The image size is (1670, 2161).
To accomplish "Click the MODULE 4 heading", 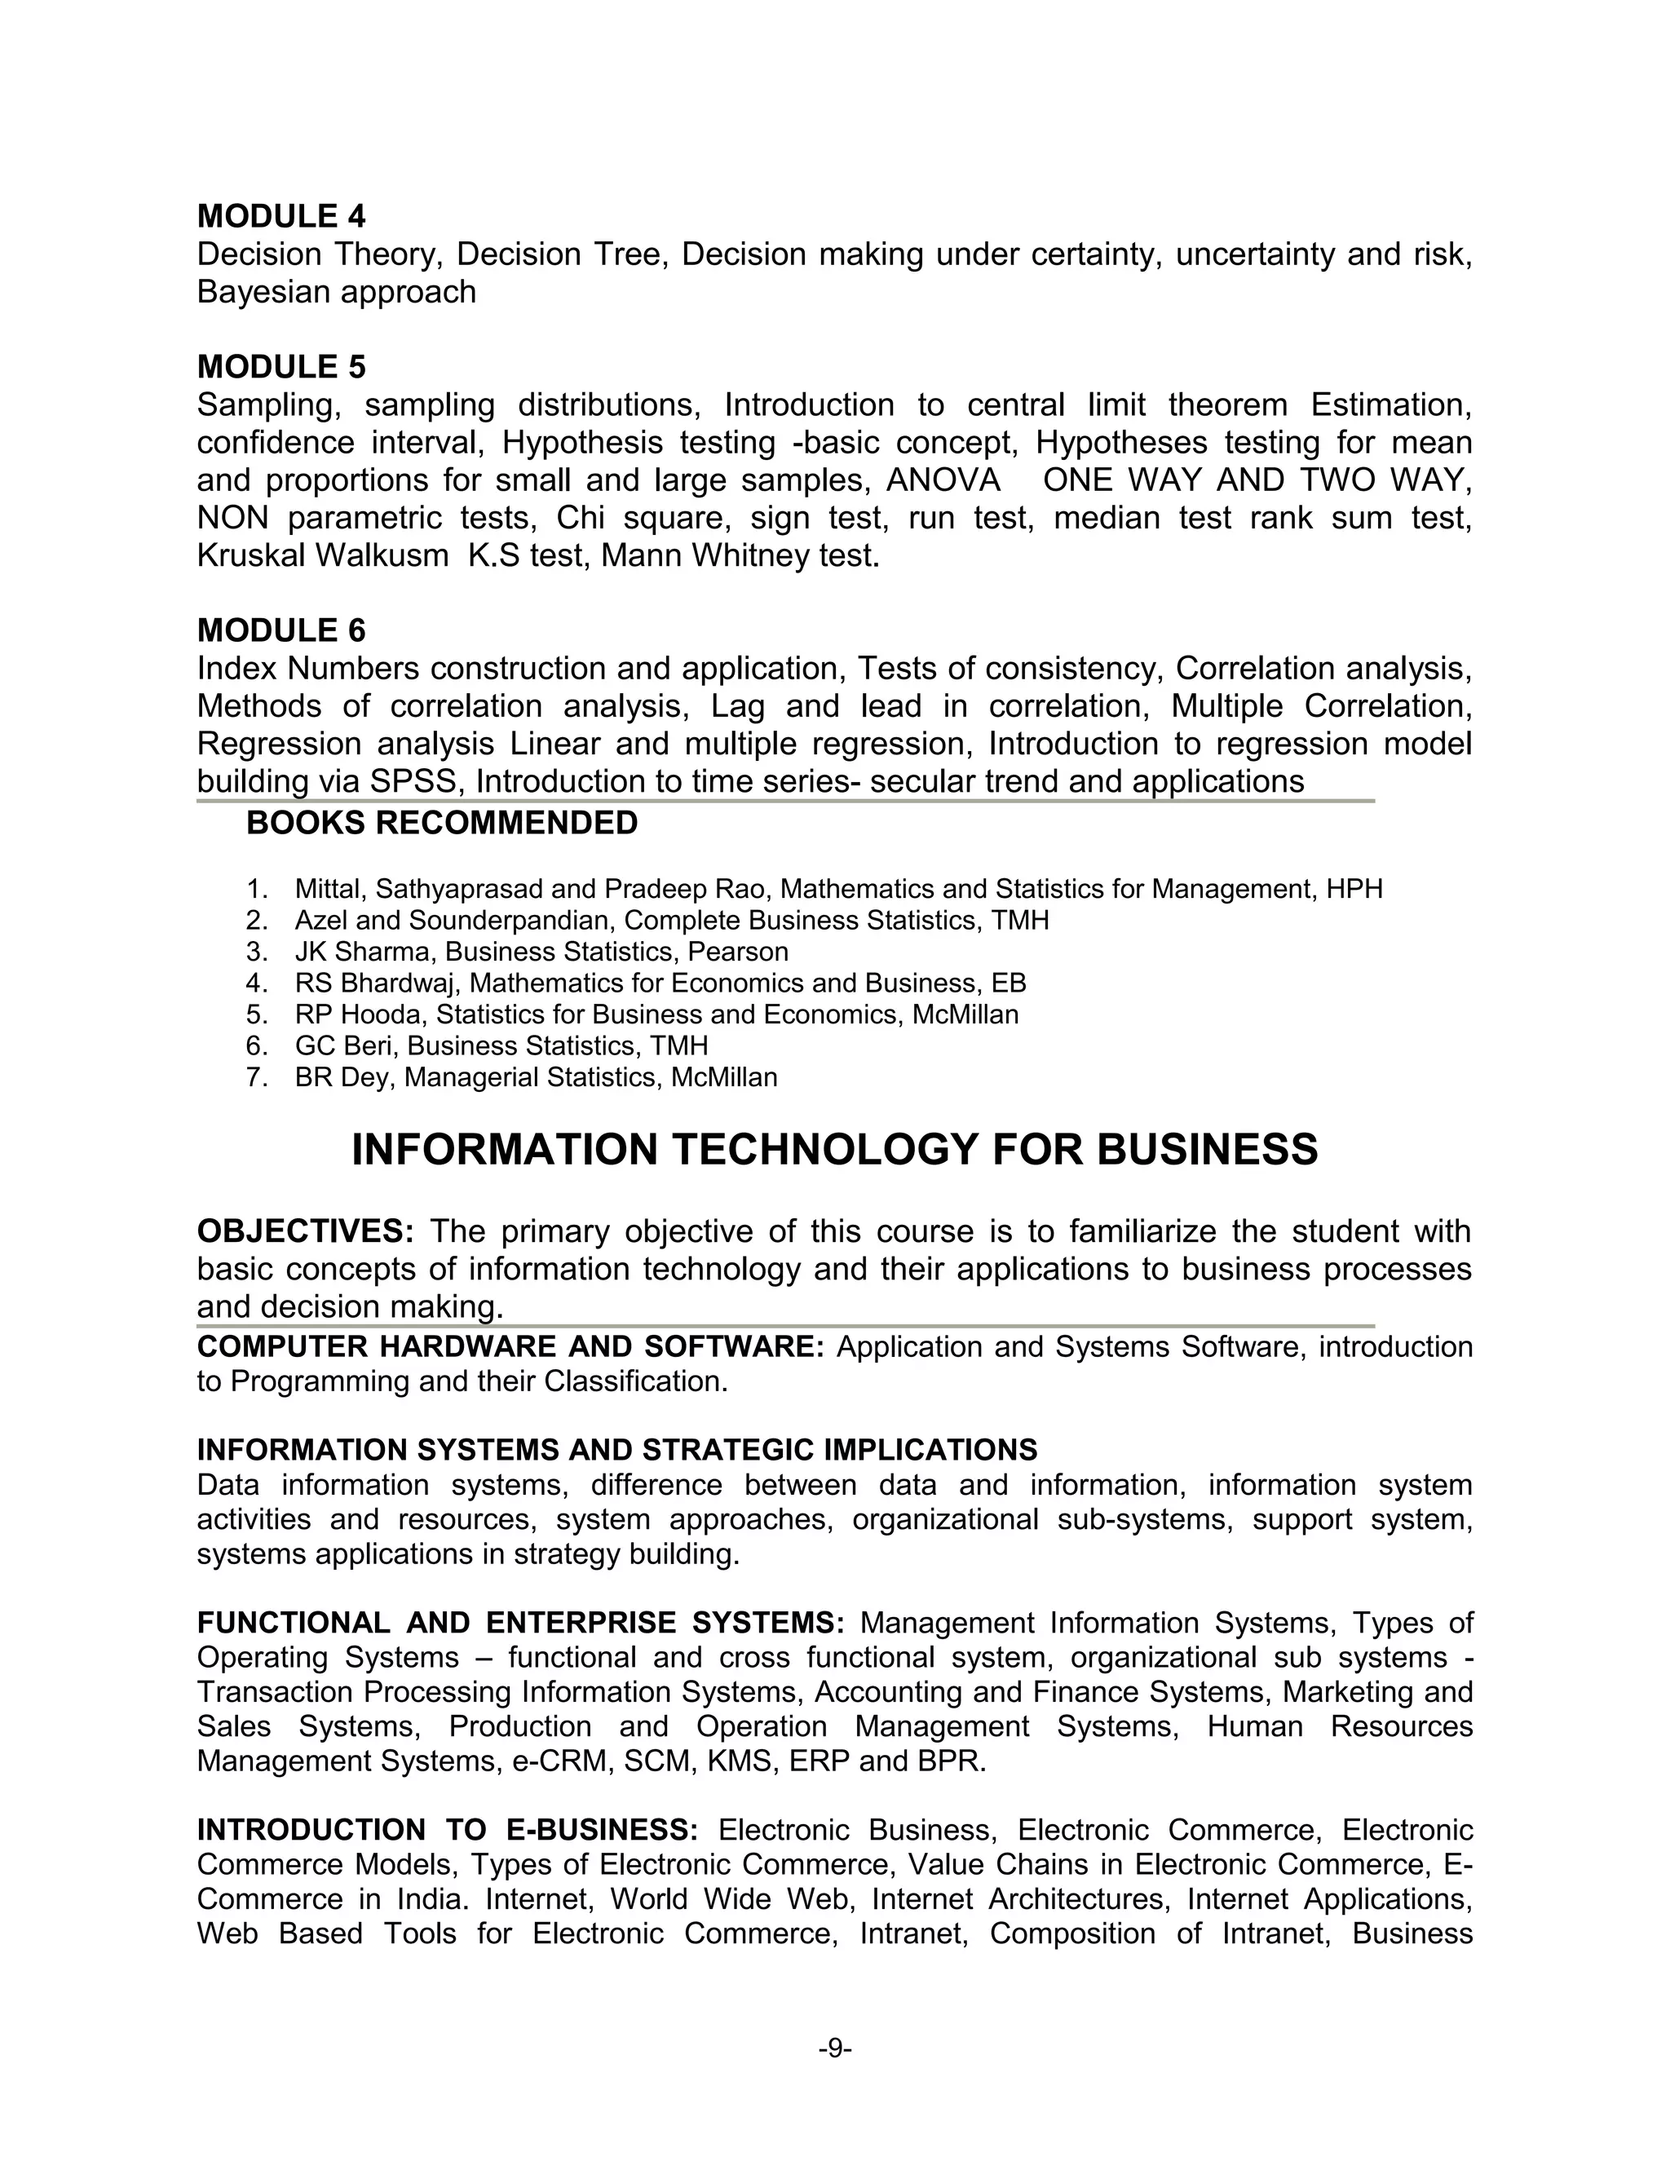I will coord(281,216).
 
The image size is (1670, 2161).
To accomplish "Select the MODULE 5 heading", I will coord(281,367).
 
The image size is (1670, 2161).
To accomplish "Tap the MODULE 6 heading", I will coord(281,630).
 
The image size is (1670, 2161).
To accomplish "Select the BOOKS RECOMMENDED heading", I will coord(441,822).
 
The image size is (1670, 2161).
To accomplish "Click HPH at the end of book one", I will coord(1354,889).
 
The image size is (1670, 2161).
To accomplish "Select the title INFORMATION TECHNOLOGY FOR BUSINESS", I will coord(834,1150).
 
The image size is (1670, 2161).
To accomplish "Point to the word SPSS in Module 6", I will coord(414,782).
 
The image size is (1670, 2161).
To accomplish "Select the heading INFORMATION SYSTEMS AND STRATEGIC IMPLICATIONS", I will coord(616,1450).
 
